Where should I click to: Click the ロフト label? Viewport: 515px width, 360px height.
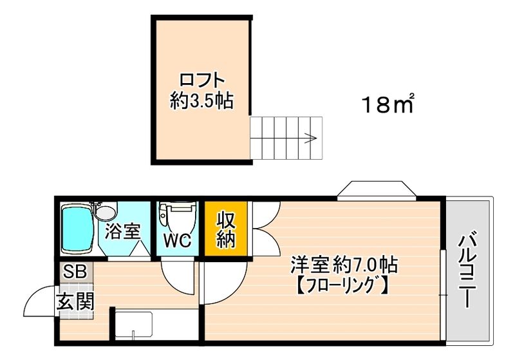[x=202, y=81]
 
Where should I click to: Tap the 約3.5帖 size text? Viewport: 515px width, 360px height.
[x=202, y=100]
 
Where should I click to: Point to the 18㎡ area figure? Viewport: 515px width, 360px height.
[x=387, y=103]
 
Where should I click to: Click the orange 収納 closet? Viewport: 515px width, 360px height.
[x=227, y=229]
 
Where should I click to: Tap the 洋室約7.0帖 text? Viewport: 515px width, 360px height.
[x=344, y=265]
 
